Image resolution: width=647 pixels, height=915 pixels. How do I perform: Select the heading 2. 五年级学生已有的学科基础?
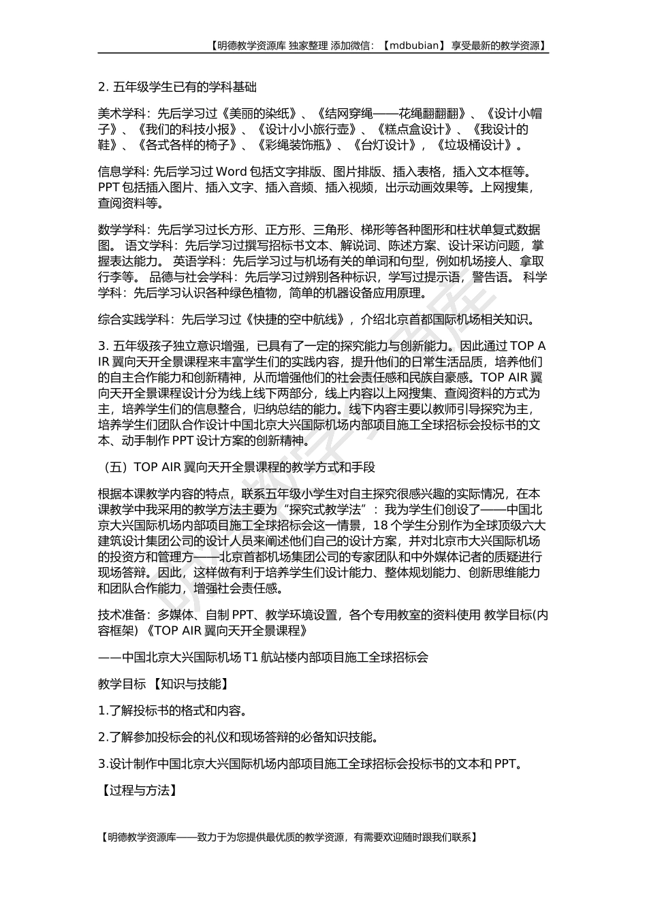point(177,87)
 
